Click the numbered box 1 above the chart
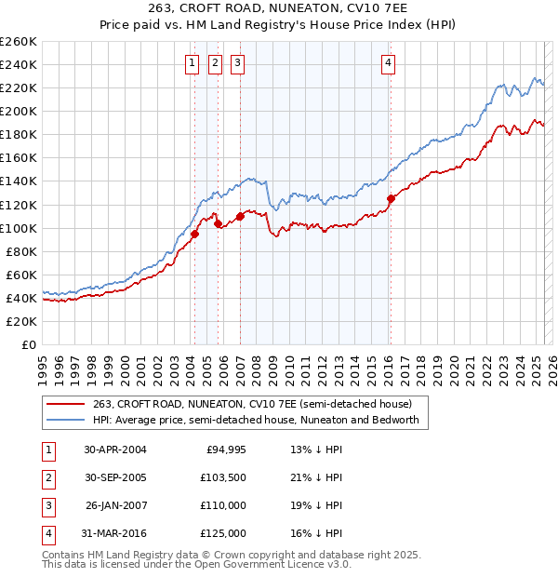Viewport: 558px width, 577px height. [x=192, y=63]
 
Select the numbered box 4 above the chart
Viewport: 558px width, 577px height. [x=388, y=63]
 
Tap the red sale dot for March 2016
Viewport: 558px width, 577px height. [x=391, y=198]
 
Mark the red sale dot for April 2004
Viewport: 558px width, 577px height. [x=195, y=235]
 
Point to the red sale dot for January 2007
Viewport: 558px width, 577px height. [x=240, y=216]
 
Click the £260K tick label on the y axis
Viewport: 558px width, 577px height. [x=19, y=42]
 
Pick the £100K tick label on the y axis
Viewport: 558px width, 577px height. [x=19, y=228]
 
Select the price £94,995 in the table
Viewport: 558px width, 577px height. [x=223, y=450]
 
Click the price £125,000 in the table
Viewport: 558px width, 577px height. [x=223, y=533]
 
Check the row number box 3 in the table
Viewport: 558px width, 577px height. [x=47, y=505]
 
